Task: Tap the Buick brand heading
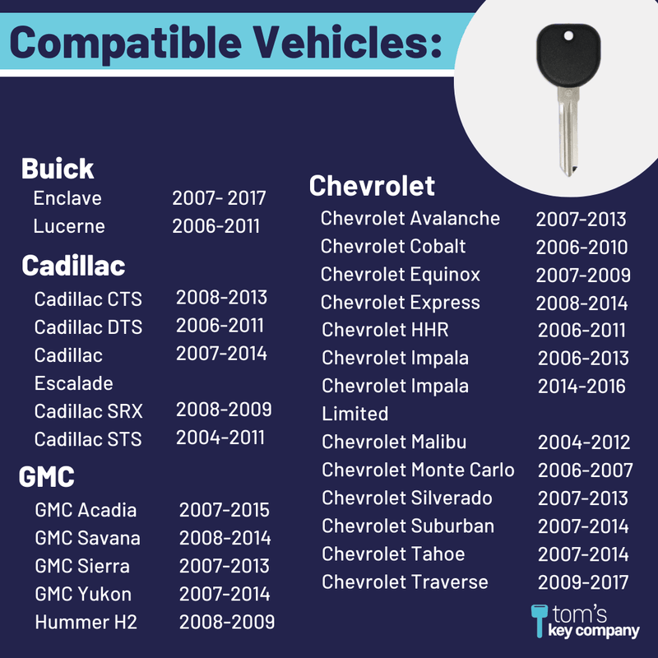[x=58, y=169]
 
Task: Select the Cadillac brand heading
[x=73, y=266]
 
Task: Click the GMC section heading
[x=47, y=477]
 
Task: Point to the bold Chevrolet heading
[x=372, y=186]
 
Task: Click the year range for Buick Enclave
[x=219, y=198]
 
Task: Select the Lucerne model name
[x=69, y=226]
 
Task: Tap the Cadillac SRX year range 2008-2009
[x=224, y=410]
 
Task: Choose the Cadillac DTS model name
[x=89, y=327]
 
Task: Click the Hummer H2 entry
[x=86, y=622]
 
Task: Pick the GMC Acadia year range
[x=225, y=510]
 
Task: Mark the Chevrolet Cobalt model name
[x=393, y=246]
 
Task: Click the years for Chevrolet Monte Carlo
[x=586, y=470]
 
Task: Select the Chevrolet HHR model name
[x=385, y=330]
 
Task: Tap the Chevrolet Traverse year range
[x=583, y=582]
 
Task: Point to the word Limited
[x=355, y=414]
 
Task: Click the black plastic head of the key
[x=568, y=55]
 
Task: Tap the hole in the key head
[x=568, y=36]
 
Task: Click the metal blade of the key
[x=568, y=131]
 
